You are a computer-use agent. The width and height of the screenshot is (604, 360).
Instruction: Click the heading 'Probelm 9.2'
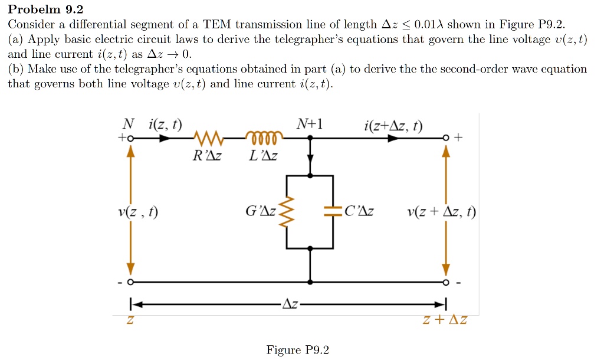point(45,9)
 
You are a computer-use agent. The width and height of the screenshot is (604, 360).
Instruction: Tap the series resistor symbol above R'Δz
point(207,139)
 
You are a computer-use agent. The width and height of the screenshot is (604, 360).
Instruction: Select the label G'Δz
point(261,211)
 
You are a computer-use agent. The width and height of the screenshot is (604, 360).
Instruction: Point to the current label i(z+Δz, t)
point(393,125)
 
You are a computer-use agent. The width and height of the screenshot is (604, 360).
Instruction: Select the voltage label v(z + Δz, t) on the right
point(442,212)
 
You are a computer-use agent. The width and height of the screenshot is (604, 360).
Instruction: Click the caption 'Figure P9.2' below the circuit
point(297,350)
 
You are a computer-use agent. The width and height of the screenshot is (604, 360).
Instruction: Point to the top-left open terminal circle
point(131,139)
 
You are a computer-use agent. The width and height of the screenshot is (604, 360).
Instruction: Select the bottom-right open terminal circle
point(447,282)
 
